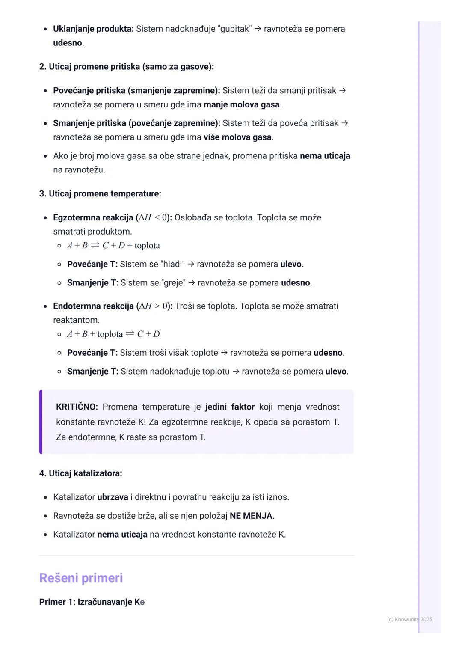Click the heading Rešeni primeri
coord(81,578)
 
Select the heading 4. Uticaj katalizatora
coord(80,473)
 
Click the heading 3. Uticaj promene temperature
coord(100,193)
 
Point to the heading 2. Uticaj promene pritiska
coord(126,66)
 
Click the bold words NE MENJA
coord(251,516)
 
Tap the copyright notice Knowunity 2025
coord(409,619)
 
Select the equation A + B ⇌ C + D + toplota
coord(113,246)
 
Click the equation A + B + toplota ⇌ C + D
coord(113,334)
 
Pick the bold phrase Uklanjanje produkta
coord(93,29)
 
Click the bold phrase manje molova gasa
coord(242,104)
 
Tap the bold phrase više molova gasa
coord(237,137)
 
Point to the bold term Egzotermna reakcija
coord(93,217)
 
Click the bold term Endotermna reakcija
coord(93,306)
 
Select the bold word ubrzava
coord(113,497)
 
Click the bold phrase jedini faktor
coord(230,407)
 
